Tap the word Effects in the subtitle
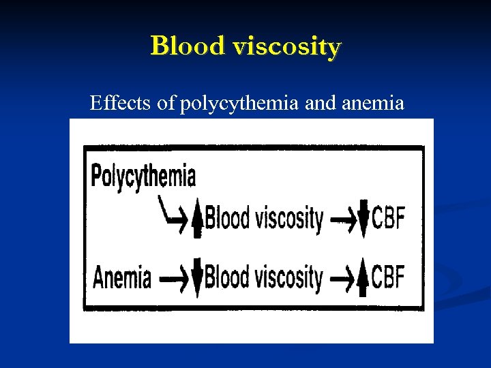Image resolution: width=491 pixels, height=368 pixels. tap(118, 104)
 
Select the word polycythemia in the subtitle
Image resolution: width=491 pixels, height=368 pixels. tap(240, 105)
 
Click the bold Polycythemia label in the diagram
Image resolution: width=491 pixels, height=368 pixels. tap(143, 177)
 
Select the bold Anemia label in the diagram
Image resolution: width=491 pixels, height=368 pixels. tap(122, 278)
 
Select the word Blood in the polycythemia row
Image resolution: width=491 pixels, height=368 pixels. tap(228, 219)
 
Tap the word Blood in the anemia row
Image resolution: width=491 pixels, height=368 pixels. tap(228, 277)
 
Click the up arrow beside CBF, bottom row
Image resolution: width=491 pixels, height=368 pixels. tap(363, 278)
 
